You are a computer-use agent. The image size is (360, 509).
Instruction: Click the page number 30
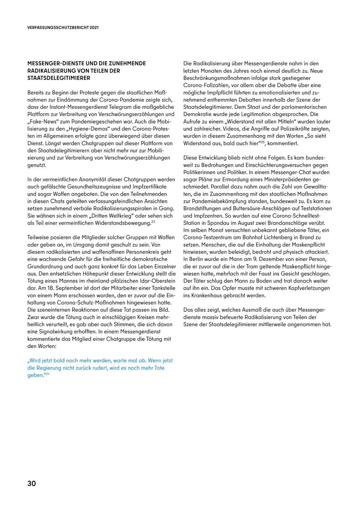point(32,483)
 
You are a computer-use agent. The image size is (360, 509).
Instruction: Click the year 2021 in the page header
point(94,28)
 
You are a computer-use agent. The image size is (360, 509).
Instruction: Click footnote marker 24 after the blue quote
point(47,373)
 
